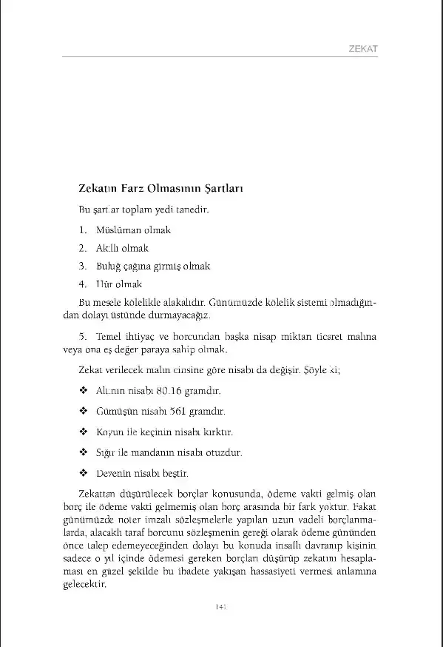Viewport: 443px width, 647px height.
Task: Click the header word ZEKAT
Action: point(363,49)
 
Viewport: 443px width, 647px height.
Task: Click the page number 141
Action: point(220,608)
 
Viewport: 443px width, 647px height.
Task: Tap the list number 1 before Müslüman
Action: point(84,229)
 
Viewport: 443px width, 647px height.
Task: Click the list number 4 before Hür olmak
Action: point(84,284)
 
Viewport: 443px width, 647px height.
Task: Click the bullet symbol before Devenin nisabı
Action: point(83,472)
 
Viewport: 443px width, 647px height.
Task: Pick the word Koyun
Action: point(109,432)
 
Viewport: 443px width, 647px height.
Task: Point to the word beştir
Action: point(175,472)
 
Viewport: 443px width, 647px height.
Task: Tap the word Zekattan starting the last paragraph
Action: point(96,494)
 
